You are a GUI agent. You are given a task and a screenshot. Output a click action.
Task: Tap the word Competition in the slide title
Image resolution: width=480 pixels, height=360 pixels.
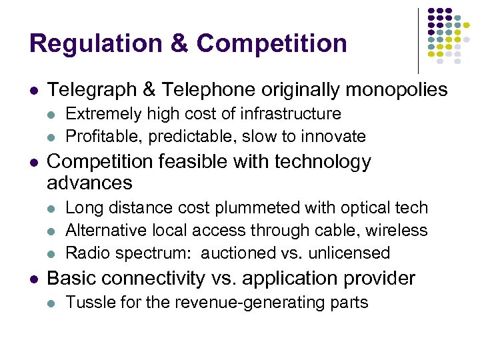pos(272,43)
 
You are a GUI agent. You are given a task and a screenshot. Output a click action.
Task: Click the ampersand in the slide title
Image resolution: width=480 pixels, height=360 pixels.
pos(180,43)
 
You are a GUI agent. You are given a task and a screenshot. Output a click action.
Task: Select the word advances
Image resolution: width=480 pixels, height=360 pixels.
pos(90,182)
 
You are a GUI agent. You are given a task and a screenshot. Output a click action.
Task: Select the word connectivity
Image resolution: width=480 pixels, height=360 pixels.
pos(146,278)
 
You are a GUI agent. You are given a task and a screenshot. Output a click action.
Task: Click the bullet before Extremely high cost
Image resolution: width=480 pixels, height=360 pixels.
pos(52,115)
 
